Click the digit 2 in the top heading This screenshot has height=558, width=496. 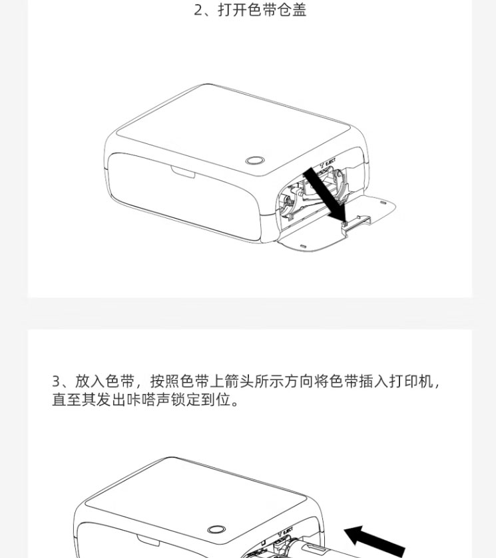click(x=198, y=10)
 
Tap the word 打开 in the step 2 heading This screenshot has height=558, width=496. click(x=232, y=9)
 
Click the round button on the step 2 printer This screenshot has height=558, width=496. click(x=255, y=161)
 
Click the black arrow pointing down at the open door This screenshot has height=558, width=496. click(x=325, y=195)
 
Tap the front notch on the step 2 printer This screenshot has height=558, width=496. click(x=183, y=172)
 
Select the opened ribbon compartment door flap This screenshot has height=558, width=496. click(x=337, y=223)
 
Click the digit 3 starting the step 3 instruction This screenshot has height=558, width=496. click(x=56, y=381)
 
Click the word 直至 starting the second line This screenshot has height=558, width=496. click(x=67, y=399)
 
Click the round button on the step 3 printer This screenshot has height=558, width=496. click(x=216, y=529)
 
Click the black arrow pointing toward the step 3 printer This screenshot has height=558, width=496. click(x=375, y=541)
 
